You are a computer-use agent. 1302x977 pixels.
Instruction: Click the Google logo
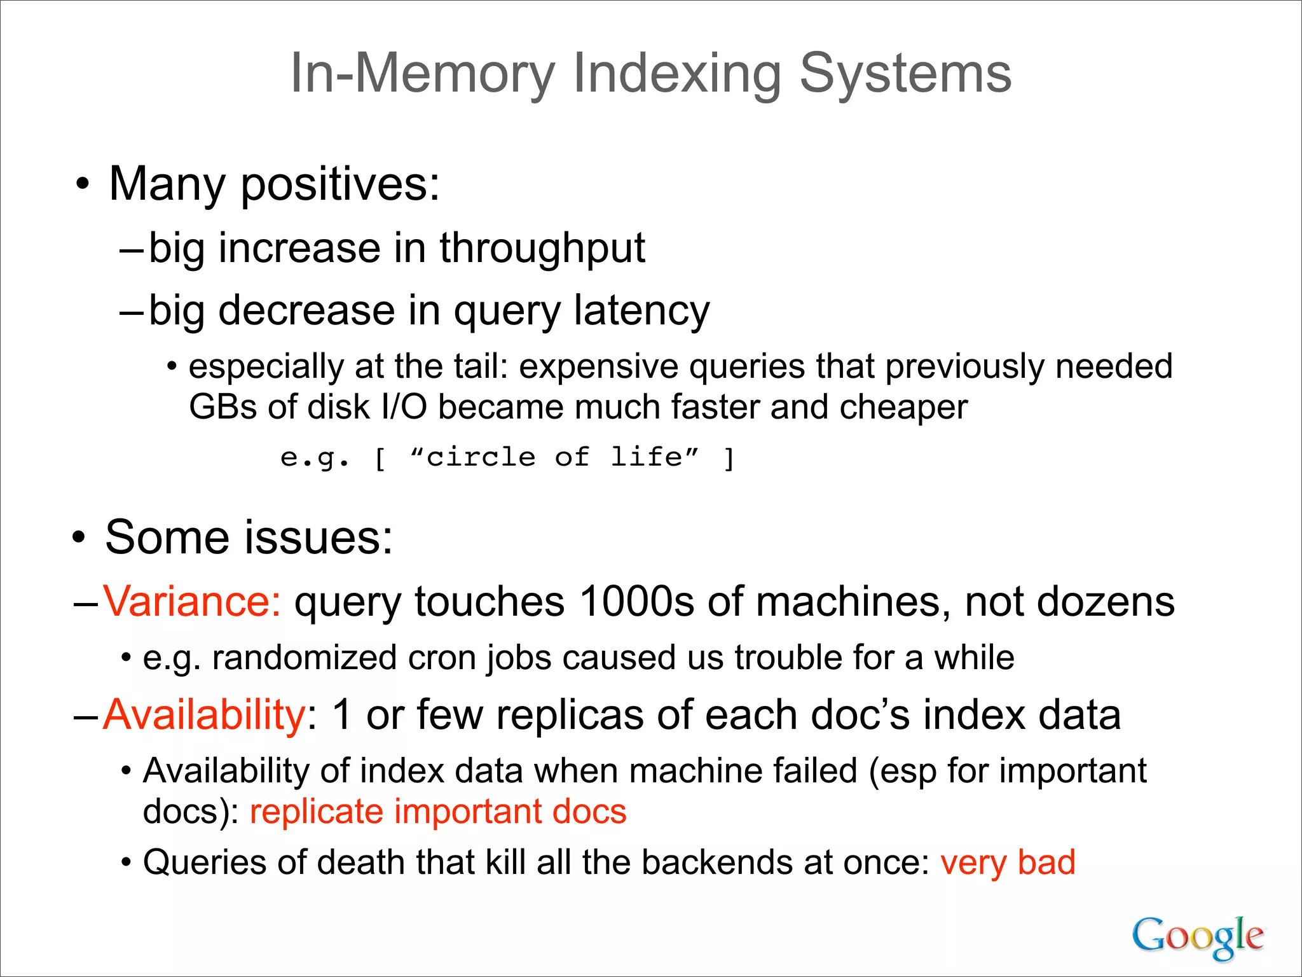(1197, 936)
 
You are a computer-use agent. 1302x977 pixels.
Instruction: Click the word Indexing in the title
(677, 74)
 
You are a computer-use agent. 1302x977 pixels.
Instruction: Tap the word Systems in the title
(905, 74)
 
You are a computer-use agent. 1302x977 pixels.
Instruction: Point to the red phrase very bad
(1008, 863)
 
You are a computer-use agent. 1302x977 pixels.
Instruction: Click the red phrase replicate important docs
(438, 812)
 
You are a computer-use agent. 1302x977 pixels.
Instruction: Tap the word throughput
(542, 248)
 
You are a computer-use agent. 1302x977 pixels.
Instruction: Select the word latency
(641, 310)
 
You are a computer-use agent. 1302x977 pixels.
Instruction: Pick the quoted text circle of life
(554, 457)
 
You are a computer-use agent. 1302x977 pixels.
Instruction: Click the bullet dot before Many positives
(82, 185)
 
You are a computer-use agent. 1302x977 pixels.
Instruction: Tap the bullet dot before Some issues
(78, 539)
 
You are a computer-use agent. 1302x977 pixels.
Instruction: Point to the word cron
(442, 658)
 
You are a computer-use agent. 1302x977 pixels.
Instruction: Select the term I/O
(404, 407)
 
